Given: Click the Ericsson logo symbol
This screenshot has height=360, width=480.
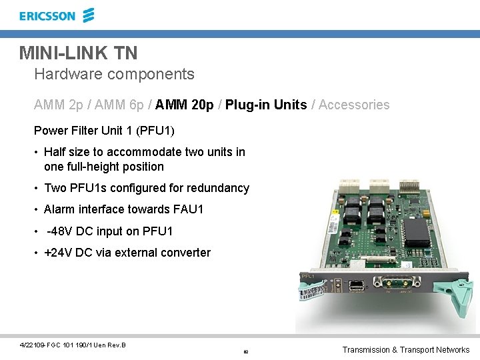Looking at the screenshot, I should click(x=89, y=15).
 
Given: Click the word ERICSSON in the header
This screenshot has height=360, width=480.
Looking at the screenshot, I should click(x=47, y=15).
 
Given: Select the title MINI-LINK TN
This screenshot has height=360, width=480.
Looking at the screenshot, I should click(x=78, y=52).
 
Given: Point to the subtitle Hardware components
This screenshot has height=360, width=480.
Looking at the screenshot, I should click(x=114, y=74).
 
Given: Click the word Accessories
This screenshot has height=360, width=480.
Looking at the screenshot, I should click(x=354, y=105).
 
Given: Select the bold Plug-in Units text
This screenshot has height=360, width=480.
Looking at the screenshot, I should click(x=266, y=105).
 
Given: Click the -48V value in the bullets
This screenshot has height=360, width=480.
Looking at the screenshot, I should click(x=60, y=231).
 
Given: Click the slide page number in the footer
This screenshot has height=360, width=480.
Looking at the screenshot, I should click(x=245, y=351).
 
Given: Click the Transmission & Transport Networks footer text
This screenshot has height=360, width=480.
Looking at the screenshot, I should click(x=405, y=350).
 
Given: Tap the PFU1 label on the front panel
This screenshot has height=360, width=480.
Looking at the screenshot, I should click(x=308, y=275).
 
